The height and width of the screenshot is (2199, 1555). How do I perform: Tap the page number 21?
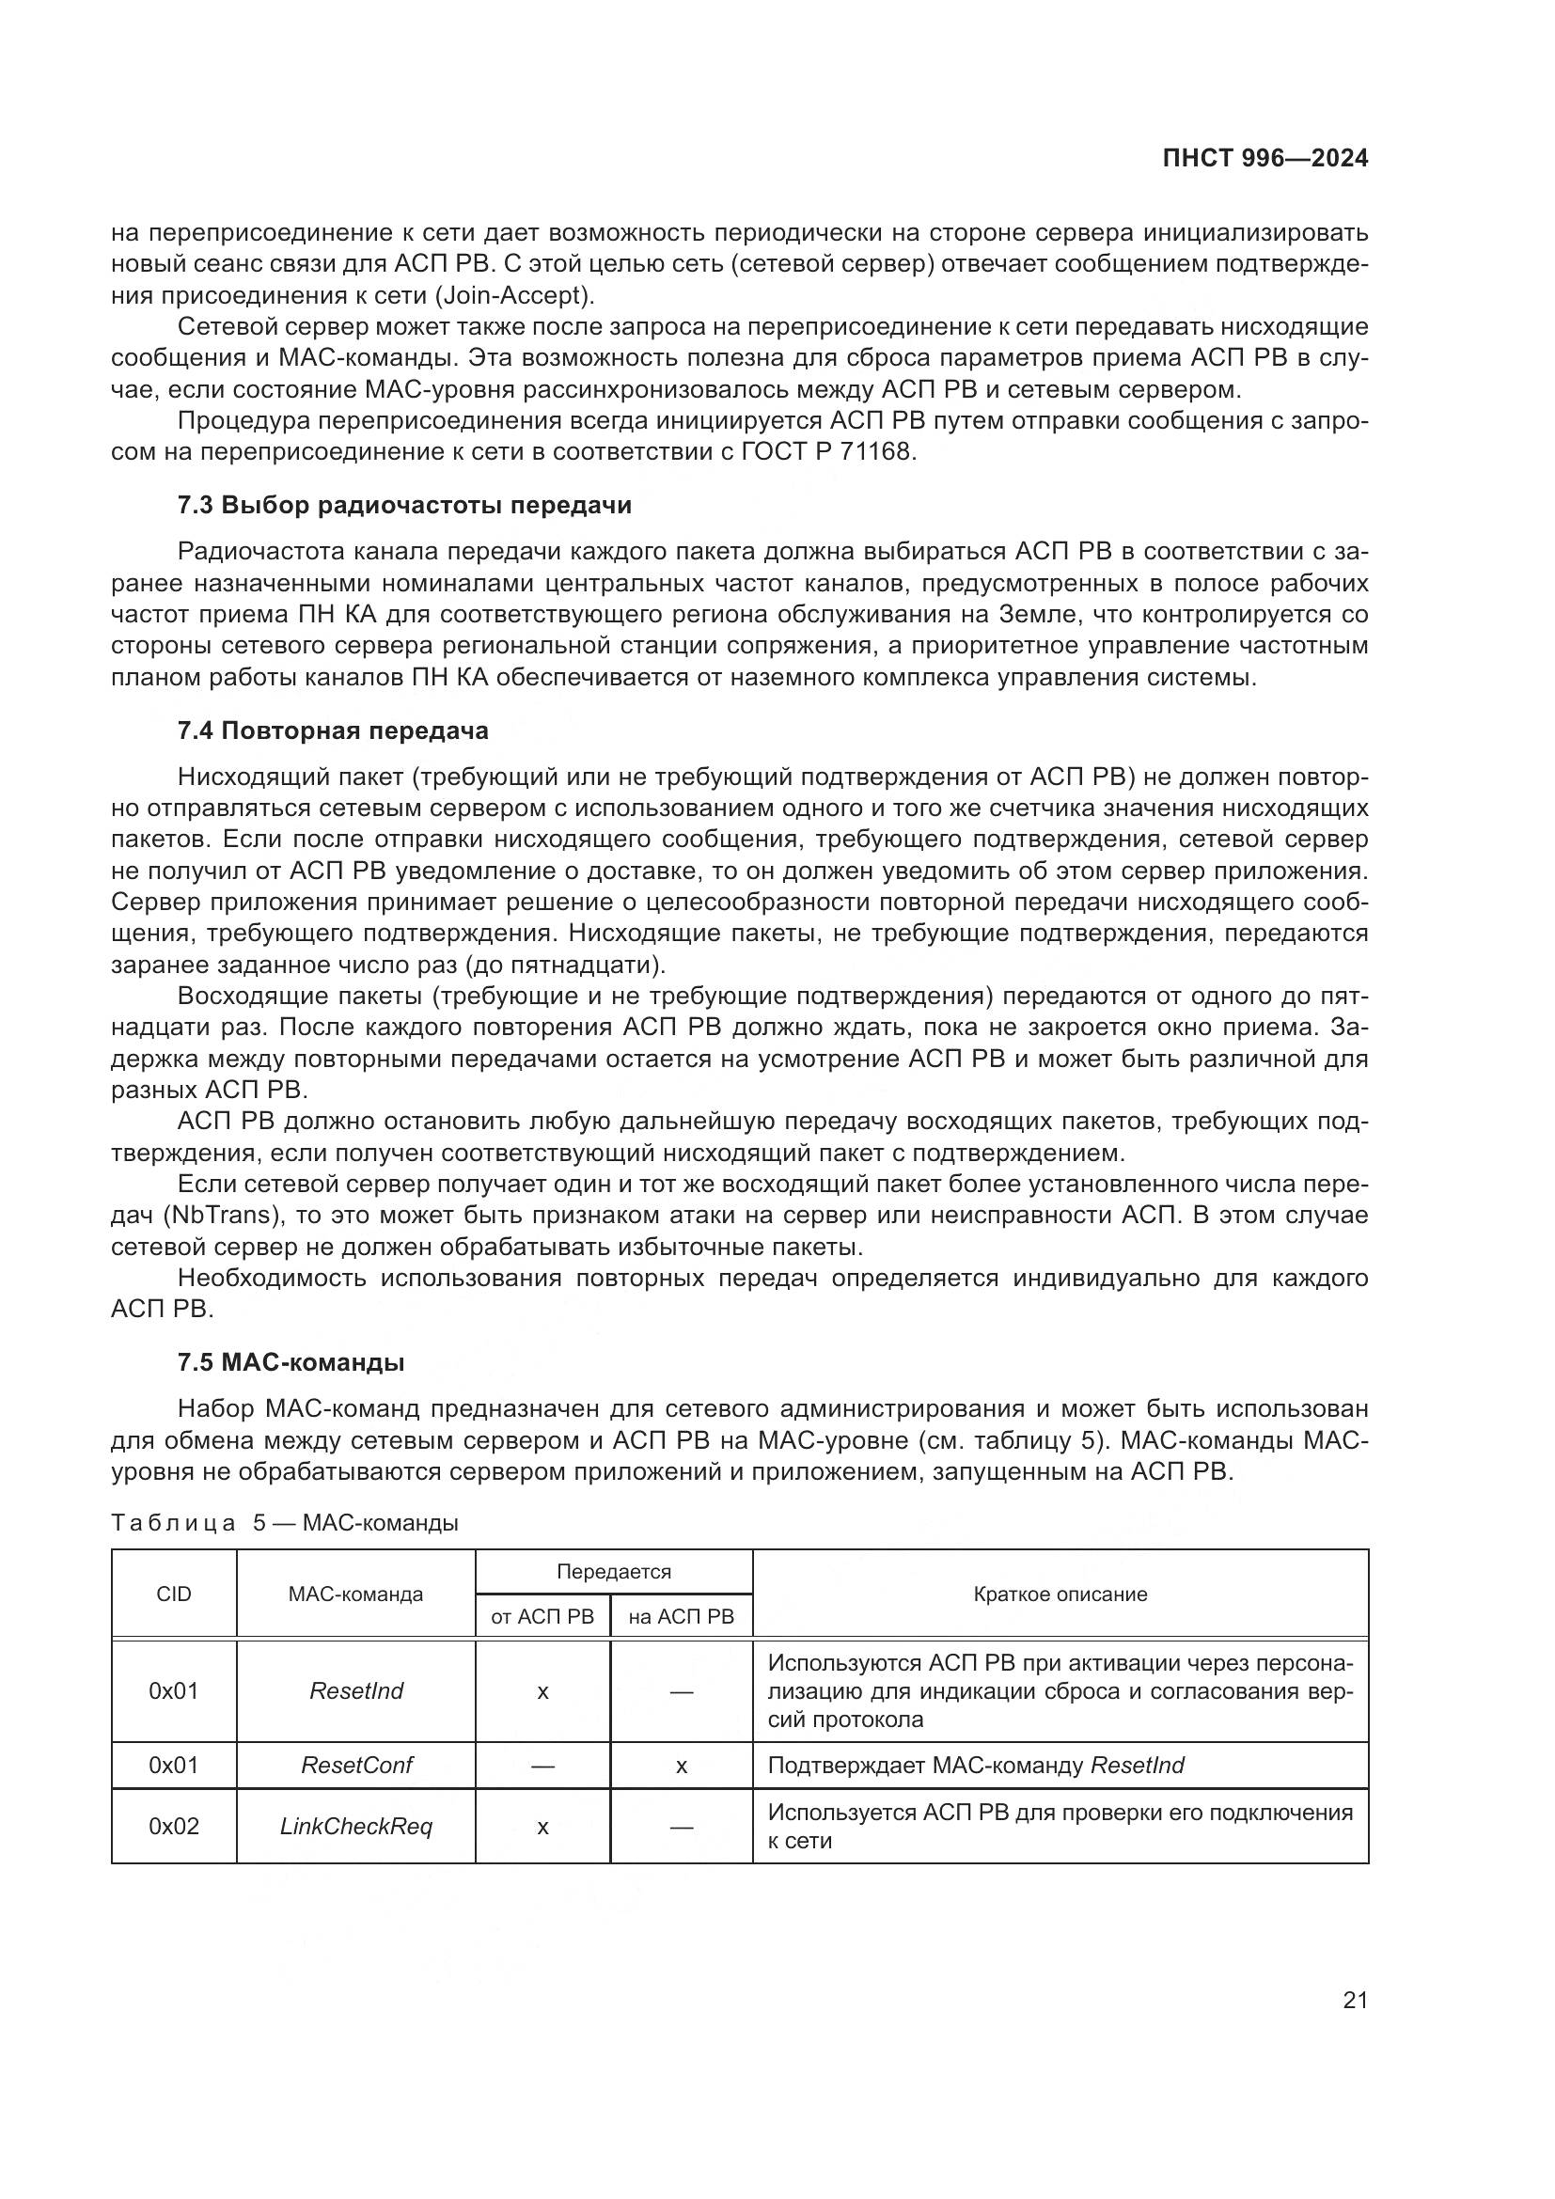(1355, 2000)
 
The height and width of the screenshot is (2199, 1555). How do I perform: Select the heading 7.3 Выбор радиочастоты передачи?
(404, 505)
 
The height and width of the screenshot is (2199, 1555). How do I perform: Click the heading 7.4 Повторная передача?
(332, 730)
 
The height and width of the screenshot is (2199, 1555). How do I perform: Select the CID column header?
(173, 1594)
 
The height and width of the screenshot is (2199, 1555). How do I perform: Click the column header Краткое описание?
(1060, 1594)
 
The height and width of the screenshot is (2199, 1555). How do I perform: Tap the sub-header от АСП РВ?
(542, 1617)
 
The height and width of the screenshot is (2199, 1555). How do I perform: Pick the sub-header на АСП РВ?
(681, 1617)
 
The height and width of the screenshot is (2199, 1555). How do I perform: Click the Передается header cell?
(614, 1572)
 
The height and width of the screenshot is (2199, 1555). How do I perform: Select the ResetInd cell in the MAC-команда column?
(356, 1690)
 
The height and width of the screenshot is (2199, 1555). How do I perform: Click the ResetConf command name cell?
(356, 1766)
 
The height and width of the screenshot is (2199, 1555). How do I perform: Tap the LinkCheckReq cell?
(356, 1827)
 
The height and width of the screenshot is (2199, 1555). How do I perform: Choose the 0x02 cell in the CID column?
(173, 1827)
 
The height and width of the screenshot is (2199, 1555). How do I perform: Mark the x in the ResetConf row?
(681, 1767)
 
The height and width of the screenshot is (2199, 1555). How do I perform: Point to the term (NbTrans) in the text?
(216, 1216)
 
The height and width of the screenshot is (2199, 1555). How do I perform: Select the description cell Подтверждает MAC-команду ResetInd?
(976, 1766)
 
